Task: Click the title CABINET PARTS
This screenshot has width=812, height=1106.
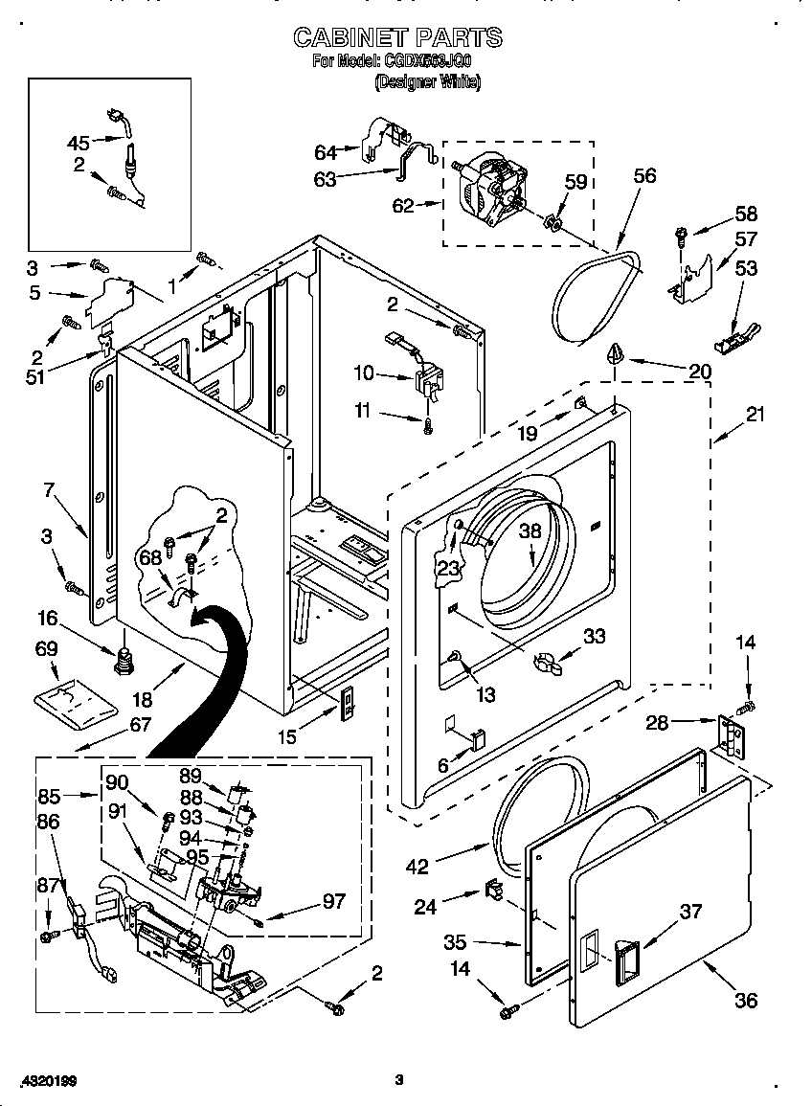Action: pyautogui.click(x=397, y=37)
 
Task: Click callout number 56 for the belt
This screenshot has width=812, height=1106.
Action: pyautogui.click(x=644, y=175)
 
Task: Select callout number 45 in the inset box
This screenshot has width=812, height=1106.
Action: pyautogui.click(x=79, y=143)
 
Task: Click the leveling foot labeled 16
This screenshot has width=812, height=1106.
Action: pyautogui.click(x=123, y=660)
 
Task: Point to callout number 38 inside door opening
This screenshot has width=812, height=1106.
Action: pyautogui.click(x=530, y=531)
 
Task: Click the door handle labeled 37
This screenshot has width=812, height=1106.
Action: pyautogui.click(x=623, y=958)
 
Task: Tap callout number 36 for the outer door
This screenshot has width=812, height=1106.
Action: pyautogui.click(x=745, y=1001)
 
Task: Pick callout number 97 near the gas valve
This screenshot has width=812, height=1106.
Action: pyautogui.click(x=333, y=902)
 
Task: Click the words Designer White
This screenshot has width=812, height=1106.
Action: pyautogui.click(x=427, y=82)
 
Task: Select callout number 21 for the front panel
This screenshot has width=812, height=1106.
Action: pyautogui.click(x=756, y=415)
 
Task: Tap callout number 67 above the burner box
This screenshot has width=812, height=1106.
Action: pyautogui.click(x=139, y=725)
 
